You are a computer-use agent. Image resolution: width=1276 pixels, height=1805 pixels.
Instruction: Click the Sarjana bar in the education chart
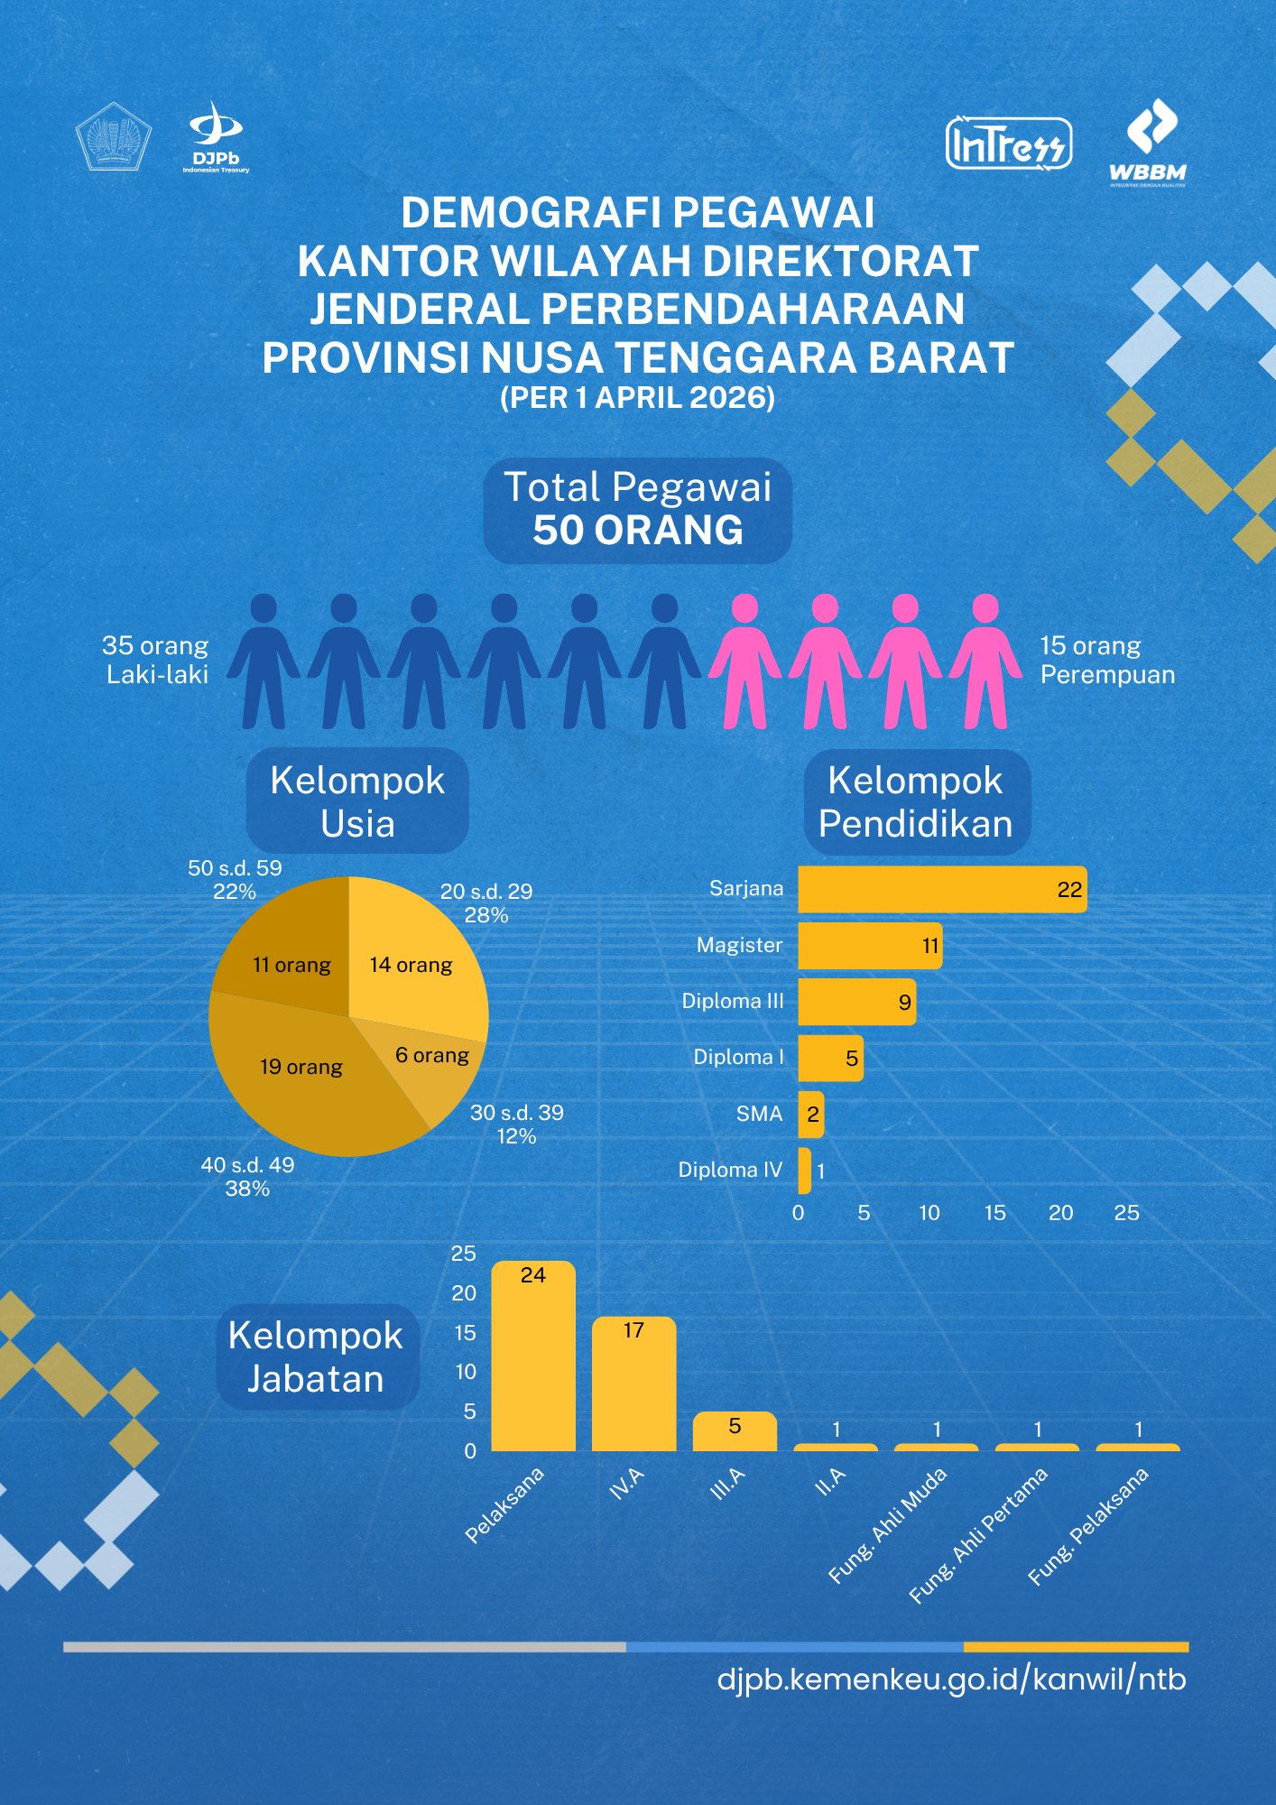[941, 890]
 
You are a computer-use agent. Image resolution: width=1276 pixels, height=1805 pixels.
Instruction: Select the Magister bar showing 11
[869, 946]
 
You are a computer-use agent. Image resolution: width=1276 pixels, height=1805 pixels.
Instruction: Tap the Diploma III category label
[732, 1001]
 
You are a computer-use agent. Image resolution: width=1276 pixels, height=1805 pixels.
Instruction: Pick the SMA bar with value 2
[810, 1115]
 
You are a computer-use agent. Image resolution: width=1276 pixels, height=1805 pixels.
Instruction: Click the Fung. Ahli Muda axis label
[888, 1524]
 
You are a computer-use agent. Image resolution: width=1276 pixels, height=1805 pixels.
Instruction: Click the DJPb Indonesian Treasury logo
[216, 137]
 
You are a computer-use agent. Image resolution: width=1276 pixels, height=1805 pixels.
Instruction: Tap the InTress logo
[1008, 143]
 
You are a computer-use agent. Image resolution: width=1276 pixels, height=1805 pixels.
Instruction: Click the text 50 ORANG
[637, 531]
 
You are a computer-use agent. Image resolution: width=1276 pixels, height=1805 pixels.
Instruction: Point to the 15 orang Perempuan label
[1106, 660]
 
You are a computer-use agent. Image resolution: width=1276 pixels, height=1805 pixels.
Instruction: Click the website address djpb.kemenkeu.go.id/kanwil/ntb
[951, 1680]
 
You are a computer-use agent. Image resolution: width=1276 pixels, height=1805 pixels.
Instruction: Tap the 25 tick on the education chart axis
[1126, 1213]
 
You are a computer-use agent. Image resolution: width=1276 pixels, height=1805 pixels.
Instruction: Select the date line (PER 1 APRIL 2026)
[637, 398]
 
